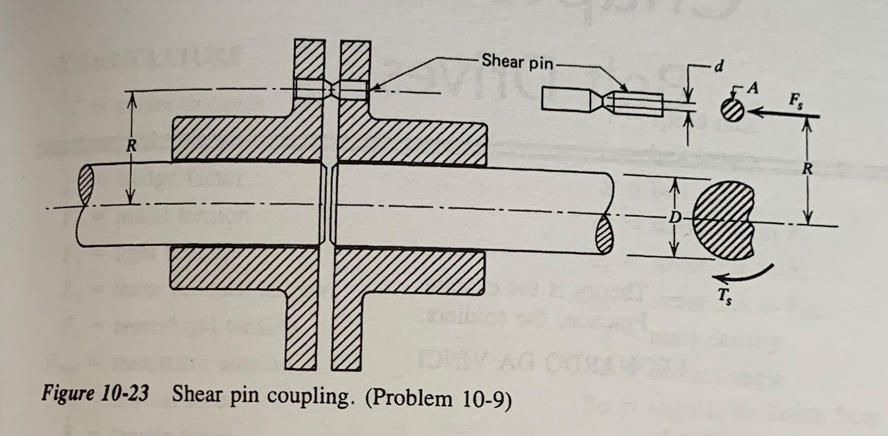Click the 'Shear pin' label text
517,62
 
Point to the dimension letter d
719,66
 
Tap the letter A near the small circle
752,89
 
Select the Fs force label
795,101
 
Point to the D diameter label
674,217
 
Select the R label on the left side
131,146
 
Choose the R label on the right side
807,169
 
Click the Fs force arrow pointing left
784,114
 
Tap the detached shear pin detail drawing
602,102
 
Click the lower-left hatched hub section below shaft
243,270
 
